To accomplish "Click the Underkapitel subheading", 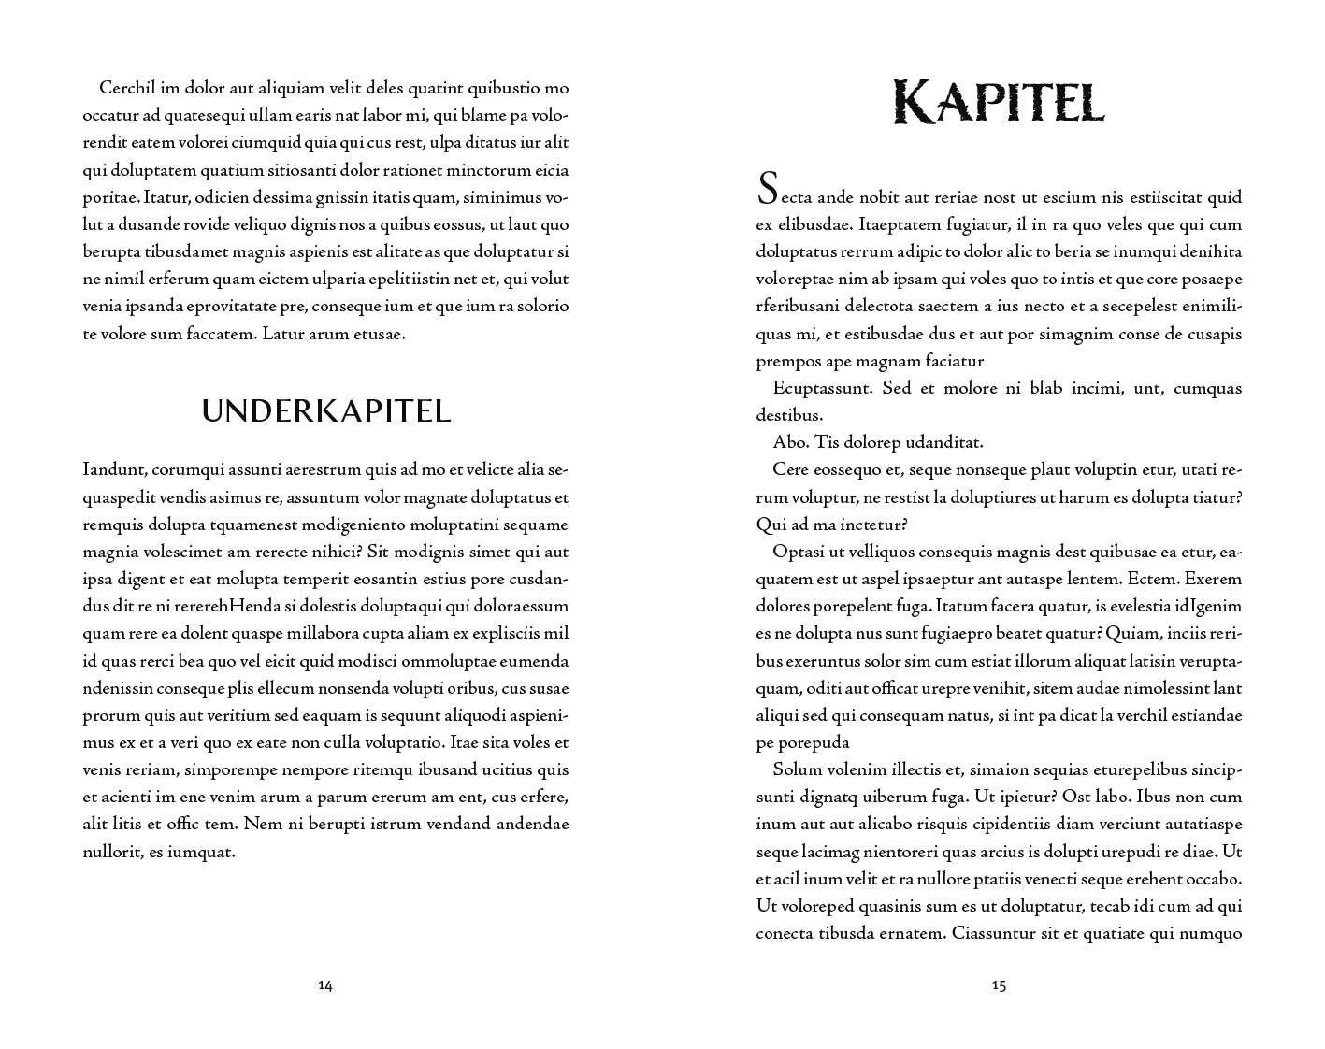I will pos(326,410).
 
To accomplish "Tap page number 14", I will pos(325,984).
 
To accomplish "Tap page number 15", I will pos(999,984).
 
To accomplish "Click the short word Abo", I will pos(788,442).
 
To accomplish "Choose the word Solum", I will pos(796,769).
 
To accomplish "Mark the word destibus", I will pos(789,415).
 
